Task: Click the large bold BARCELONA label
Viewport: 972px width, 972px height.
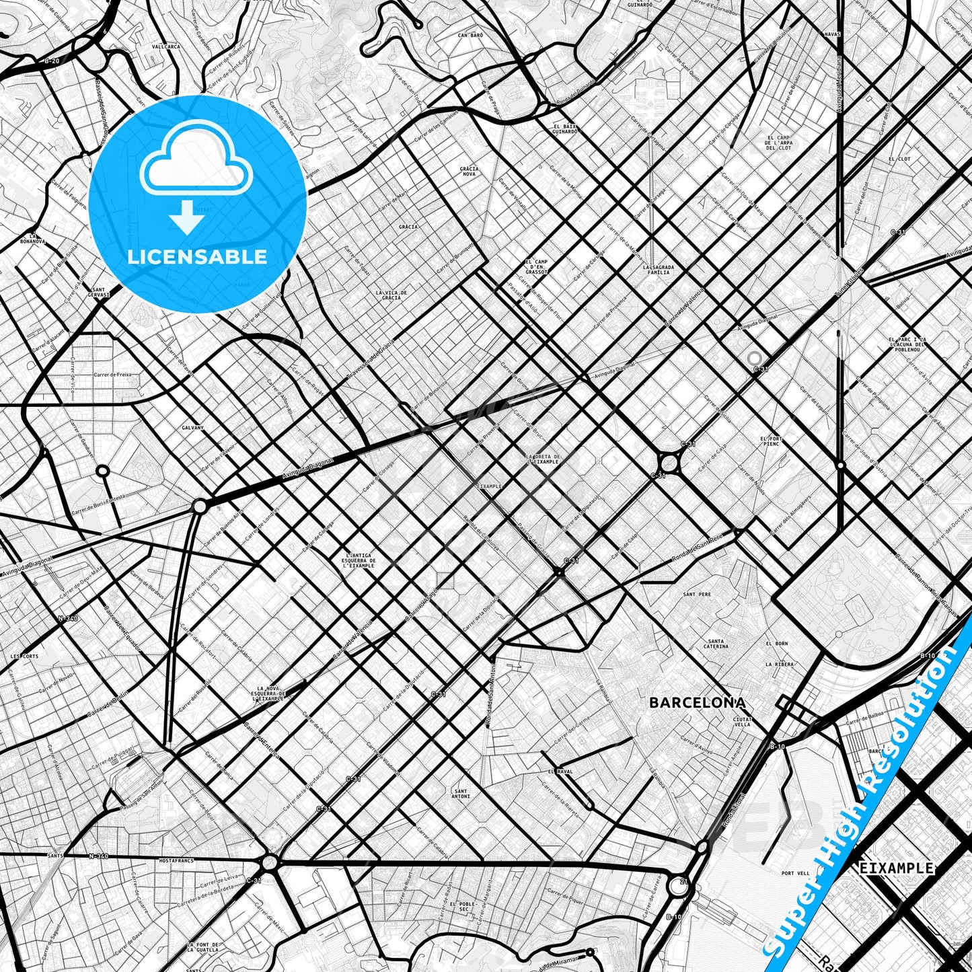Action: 698,703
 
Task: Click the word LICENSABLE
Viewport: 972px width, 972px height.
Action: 197,257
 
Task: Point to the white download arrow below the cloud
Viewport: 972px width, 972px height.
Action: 187,217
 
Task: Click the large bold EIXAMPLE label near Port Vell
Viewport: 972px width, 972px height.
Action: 897,868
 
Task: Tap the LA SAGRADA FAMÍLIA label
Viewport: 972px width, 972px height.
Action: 658,270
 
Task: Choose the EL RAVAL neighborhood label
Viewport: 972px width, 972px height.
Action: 560,772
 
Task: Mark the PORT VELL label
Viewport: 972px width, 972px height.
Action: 795,874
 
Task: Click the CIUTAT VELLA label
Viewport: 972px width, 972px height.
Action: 742,722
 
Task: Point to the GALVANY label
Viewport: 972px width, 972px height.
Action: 192,427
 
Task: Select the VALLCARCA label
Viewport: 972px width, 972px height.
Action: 166,47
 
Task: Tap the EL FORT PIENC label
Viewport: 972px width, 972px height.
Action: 771,441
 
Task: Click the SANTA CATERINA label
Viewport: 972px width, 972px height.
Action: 716,644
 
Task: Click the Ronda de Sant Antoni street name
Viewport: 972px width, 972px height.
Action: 490,696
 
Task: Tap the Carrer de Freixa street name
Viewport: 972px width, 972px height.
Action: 113,375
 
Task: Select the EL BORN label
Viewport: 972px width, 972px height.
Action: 776,644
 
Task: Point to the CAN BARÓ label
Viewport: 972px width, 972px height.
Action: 471,34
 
